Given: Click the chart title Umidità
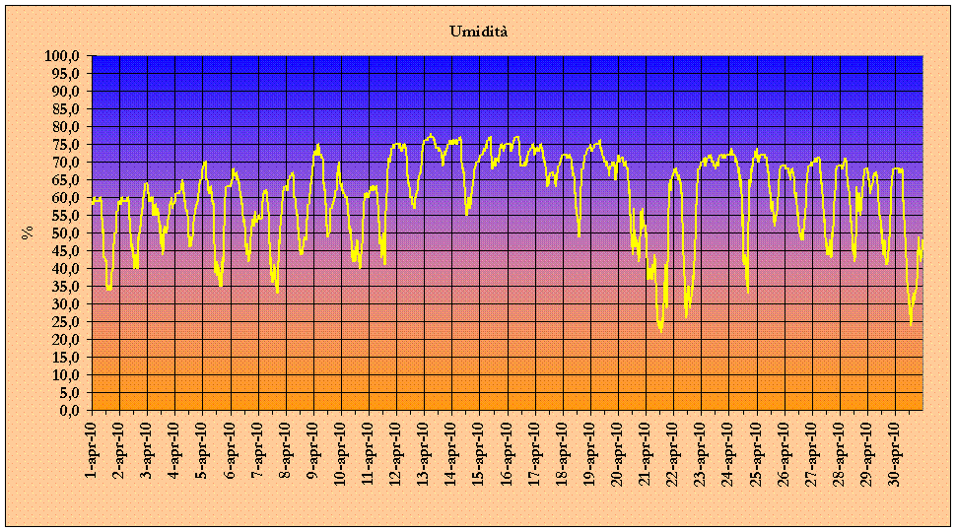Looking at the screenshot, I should (x=479, y=32).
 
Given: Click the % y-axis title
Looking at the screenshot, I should (x=27, y=232).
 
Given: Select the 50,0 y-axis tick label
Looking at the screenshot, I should (x=66, y=232).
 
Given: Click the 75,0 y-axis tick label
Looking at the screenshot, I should (x=66, y=145).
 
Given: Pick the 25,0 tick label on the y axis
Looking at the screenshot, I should (x=66, y=321).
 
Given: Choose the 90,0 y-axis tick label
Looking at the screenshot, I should (x=66, y=92).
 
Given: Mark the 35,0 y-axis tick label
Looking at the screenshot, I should (x=66, y=286).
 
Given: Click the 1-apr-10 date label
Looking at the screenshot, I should (x=91, y=447).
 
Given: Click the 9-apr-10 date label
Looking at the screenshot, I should (x=312, y=447).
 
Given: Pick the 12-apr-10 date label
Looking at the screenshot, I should (x=396, y=449).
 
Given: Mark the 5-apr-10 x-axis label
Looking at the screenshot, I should (x=201, y=447).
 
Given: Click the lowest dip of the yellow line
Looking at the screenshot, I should (x=660, y=330).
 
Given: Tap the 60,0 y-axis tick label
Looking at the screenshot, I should (x=66, y=197).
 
